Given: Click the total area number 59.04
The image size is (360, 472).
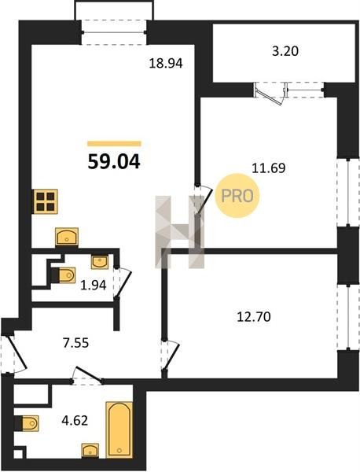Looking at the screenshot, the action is click(x=114, y=162).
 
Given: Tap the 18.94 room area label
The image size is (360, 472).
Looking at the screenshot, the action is click(x=166, y=64).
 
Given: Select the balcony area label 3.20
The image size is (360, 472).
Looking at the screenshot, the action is click(x=285, y=51).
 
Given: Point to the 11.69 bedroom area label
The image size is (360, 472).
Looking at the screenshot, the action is click(x=269, y=168).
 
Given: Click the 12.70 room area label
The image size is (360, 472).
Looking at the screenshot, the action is click(x=254, y=317).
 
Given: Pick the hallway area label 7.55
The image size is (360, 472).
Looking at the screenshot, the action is click(x=75, y=342).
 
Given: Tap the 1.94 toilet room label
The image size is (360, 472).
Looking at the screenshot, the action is click(x=94, y=285).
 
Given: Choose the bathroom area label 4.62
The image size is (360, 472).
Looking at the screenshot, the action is click(x=75, y=420).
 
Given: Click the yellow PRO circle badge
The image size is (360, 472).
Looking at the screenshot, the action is click(x=237, y=196).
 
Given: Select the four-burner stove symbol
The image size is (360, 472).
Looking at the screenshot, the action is click(x=46, y=201).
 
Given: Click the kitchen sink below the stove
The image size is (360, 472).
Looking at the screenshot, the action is click(x=67, y=238).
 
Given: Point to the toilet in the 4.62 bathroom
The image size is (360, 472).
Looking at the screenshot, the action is click(x=29, y=423).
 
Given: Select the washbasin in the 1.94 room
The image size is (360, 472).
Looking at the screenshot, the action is click(x=100, y=262).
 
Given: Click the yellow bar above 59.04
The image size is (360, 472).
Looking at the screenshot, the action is click(x=114, y=144).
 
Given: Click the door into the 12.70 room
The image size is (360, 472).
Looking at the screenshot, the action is click(x=171, y=356).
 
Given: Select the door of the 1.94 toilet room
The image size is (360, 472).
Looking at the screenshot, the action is click(x=123, y=283).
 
